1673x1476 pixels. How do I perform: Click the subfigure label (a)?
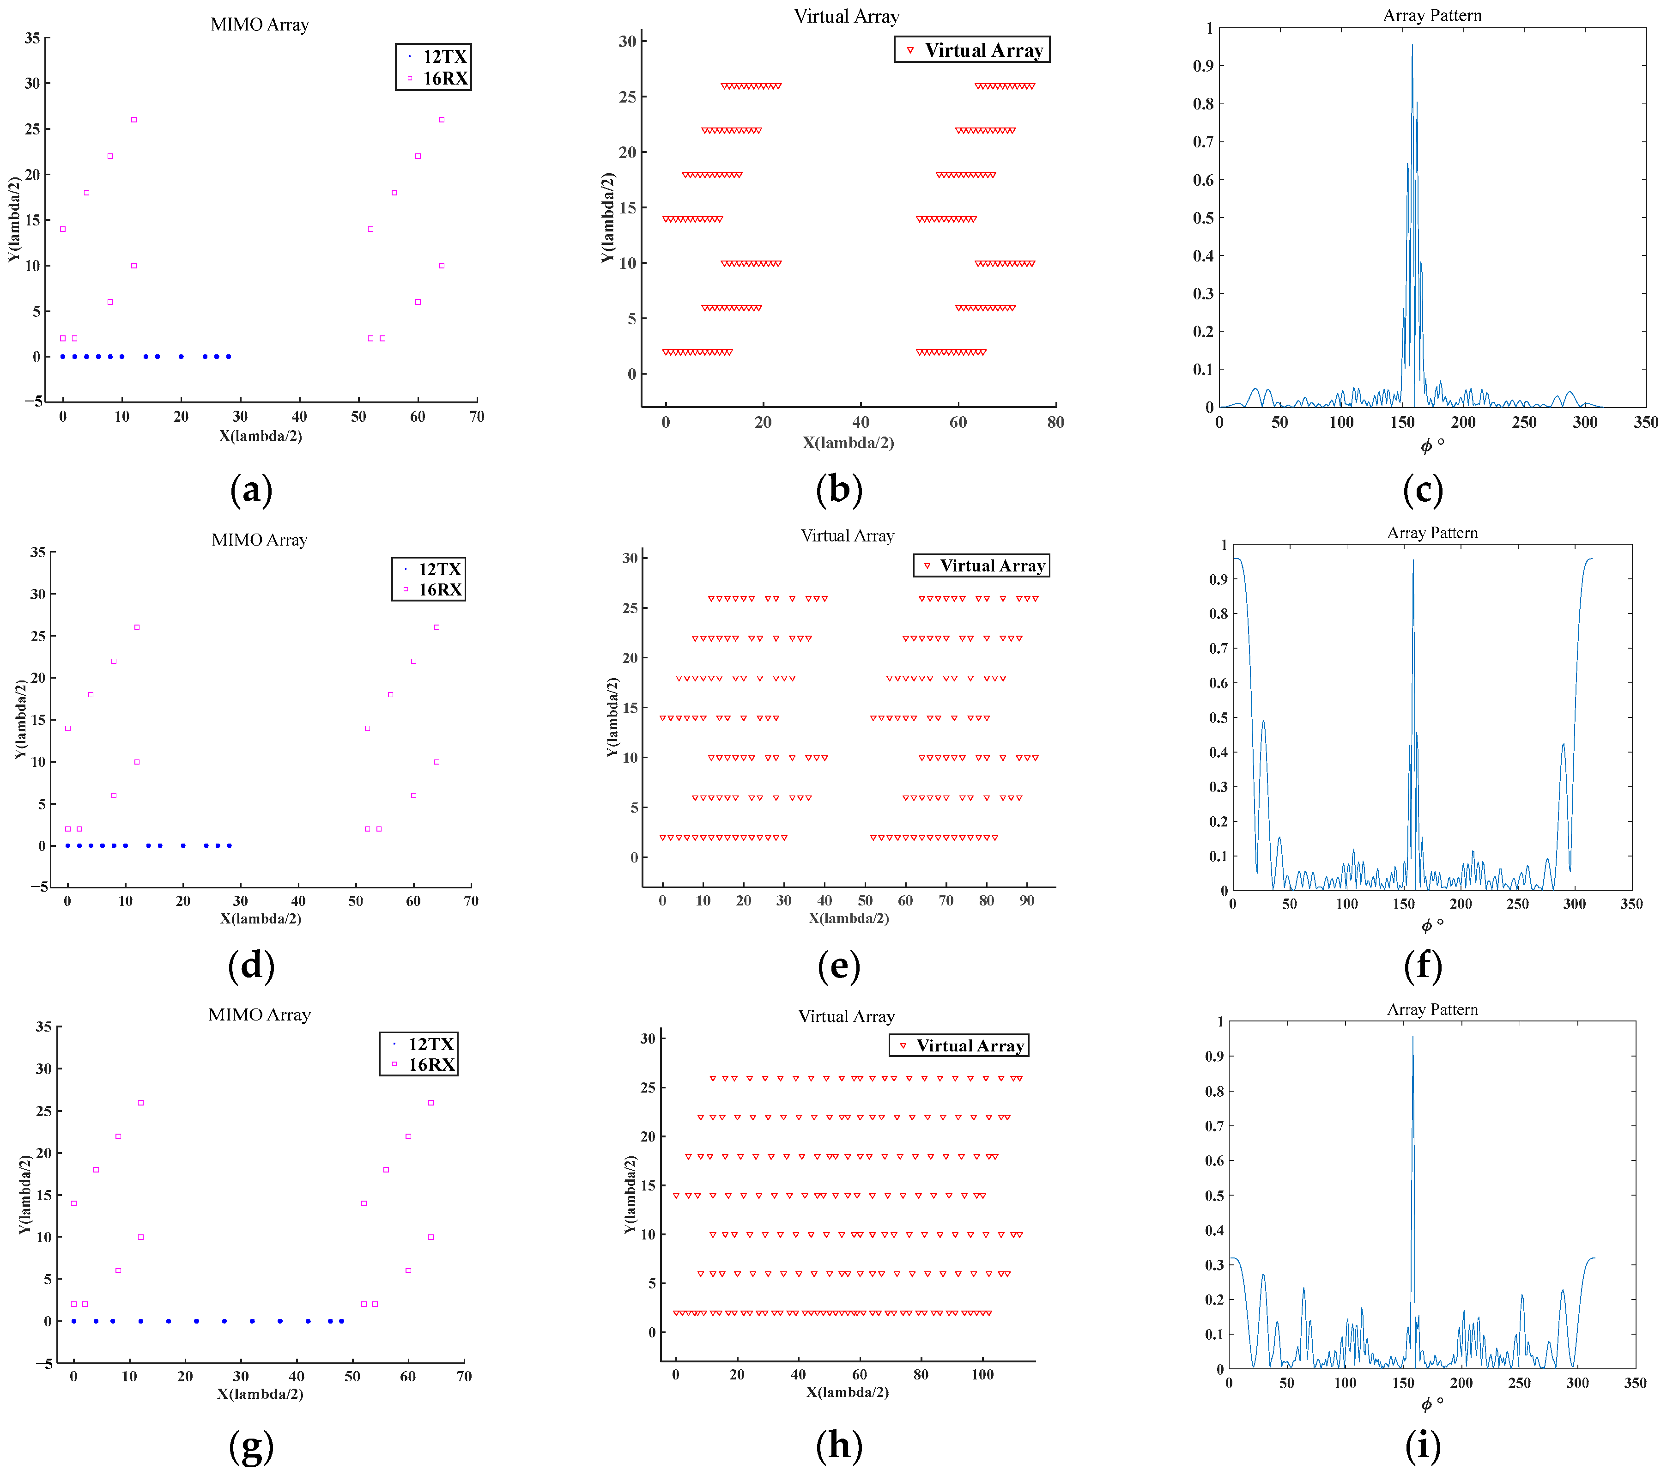tap(251, 490)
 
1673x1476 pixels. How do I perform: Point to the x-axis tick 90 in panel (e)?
tap(1026, 900)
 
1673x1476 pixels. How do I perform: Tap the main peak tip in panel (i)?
tap(1412, 1037)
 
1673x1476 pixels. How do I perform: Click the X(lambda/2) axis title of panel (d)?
tap(261, 918)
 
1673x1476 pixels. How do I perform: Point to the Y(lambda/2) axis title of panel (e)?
tap(612, 717)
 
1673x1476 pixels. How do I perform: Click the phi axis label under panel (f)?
tap(1431, 925)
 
